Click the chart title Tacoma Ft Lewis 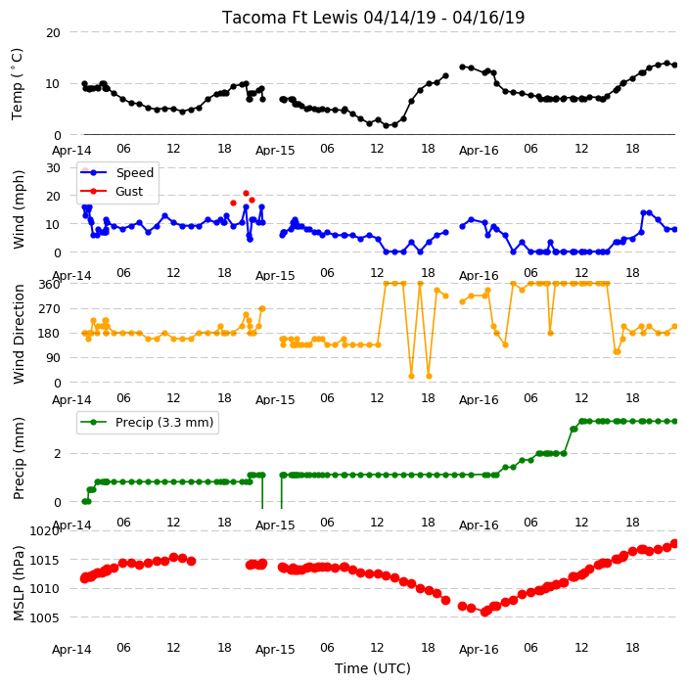pos(290,18)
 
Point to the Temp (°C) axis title pos(17,84)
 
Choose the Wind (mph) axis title pos(19,210)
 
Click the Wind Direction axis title pos(19,334)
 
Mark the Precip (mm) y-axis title pos(19,458)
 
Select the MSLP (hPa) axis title pos(19,583)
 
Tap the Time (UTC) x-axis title pos(373,668)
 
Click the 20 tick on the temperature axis pos(53,33)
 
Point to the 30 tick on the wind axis pos(53,168)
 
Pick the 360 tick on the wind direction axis pos(49,285)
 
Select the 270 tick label pos(49,309)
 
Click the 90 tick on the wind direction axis pos(53,358)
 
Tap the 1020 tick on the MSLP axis pos(45,531)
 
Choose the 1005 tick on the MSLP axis pos(45,617)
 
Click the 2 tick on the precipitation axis pos(57,453)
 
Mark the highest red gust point pos(246,194)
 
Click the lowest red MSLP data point pos(484,612)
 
